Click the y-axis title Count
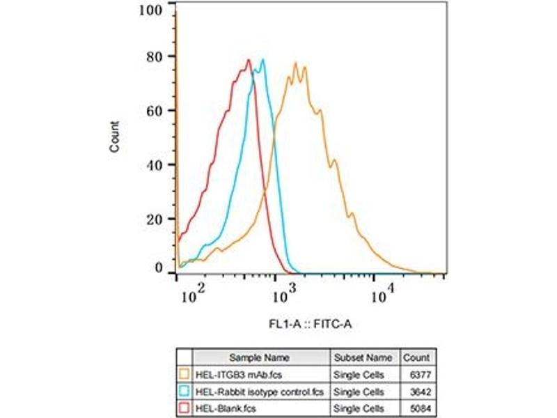tap(115, 137)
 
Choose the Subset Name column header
tap(363, 357)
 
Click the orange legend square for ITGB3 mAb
tap(184, 373)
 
